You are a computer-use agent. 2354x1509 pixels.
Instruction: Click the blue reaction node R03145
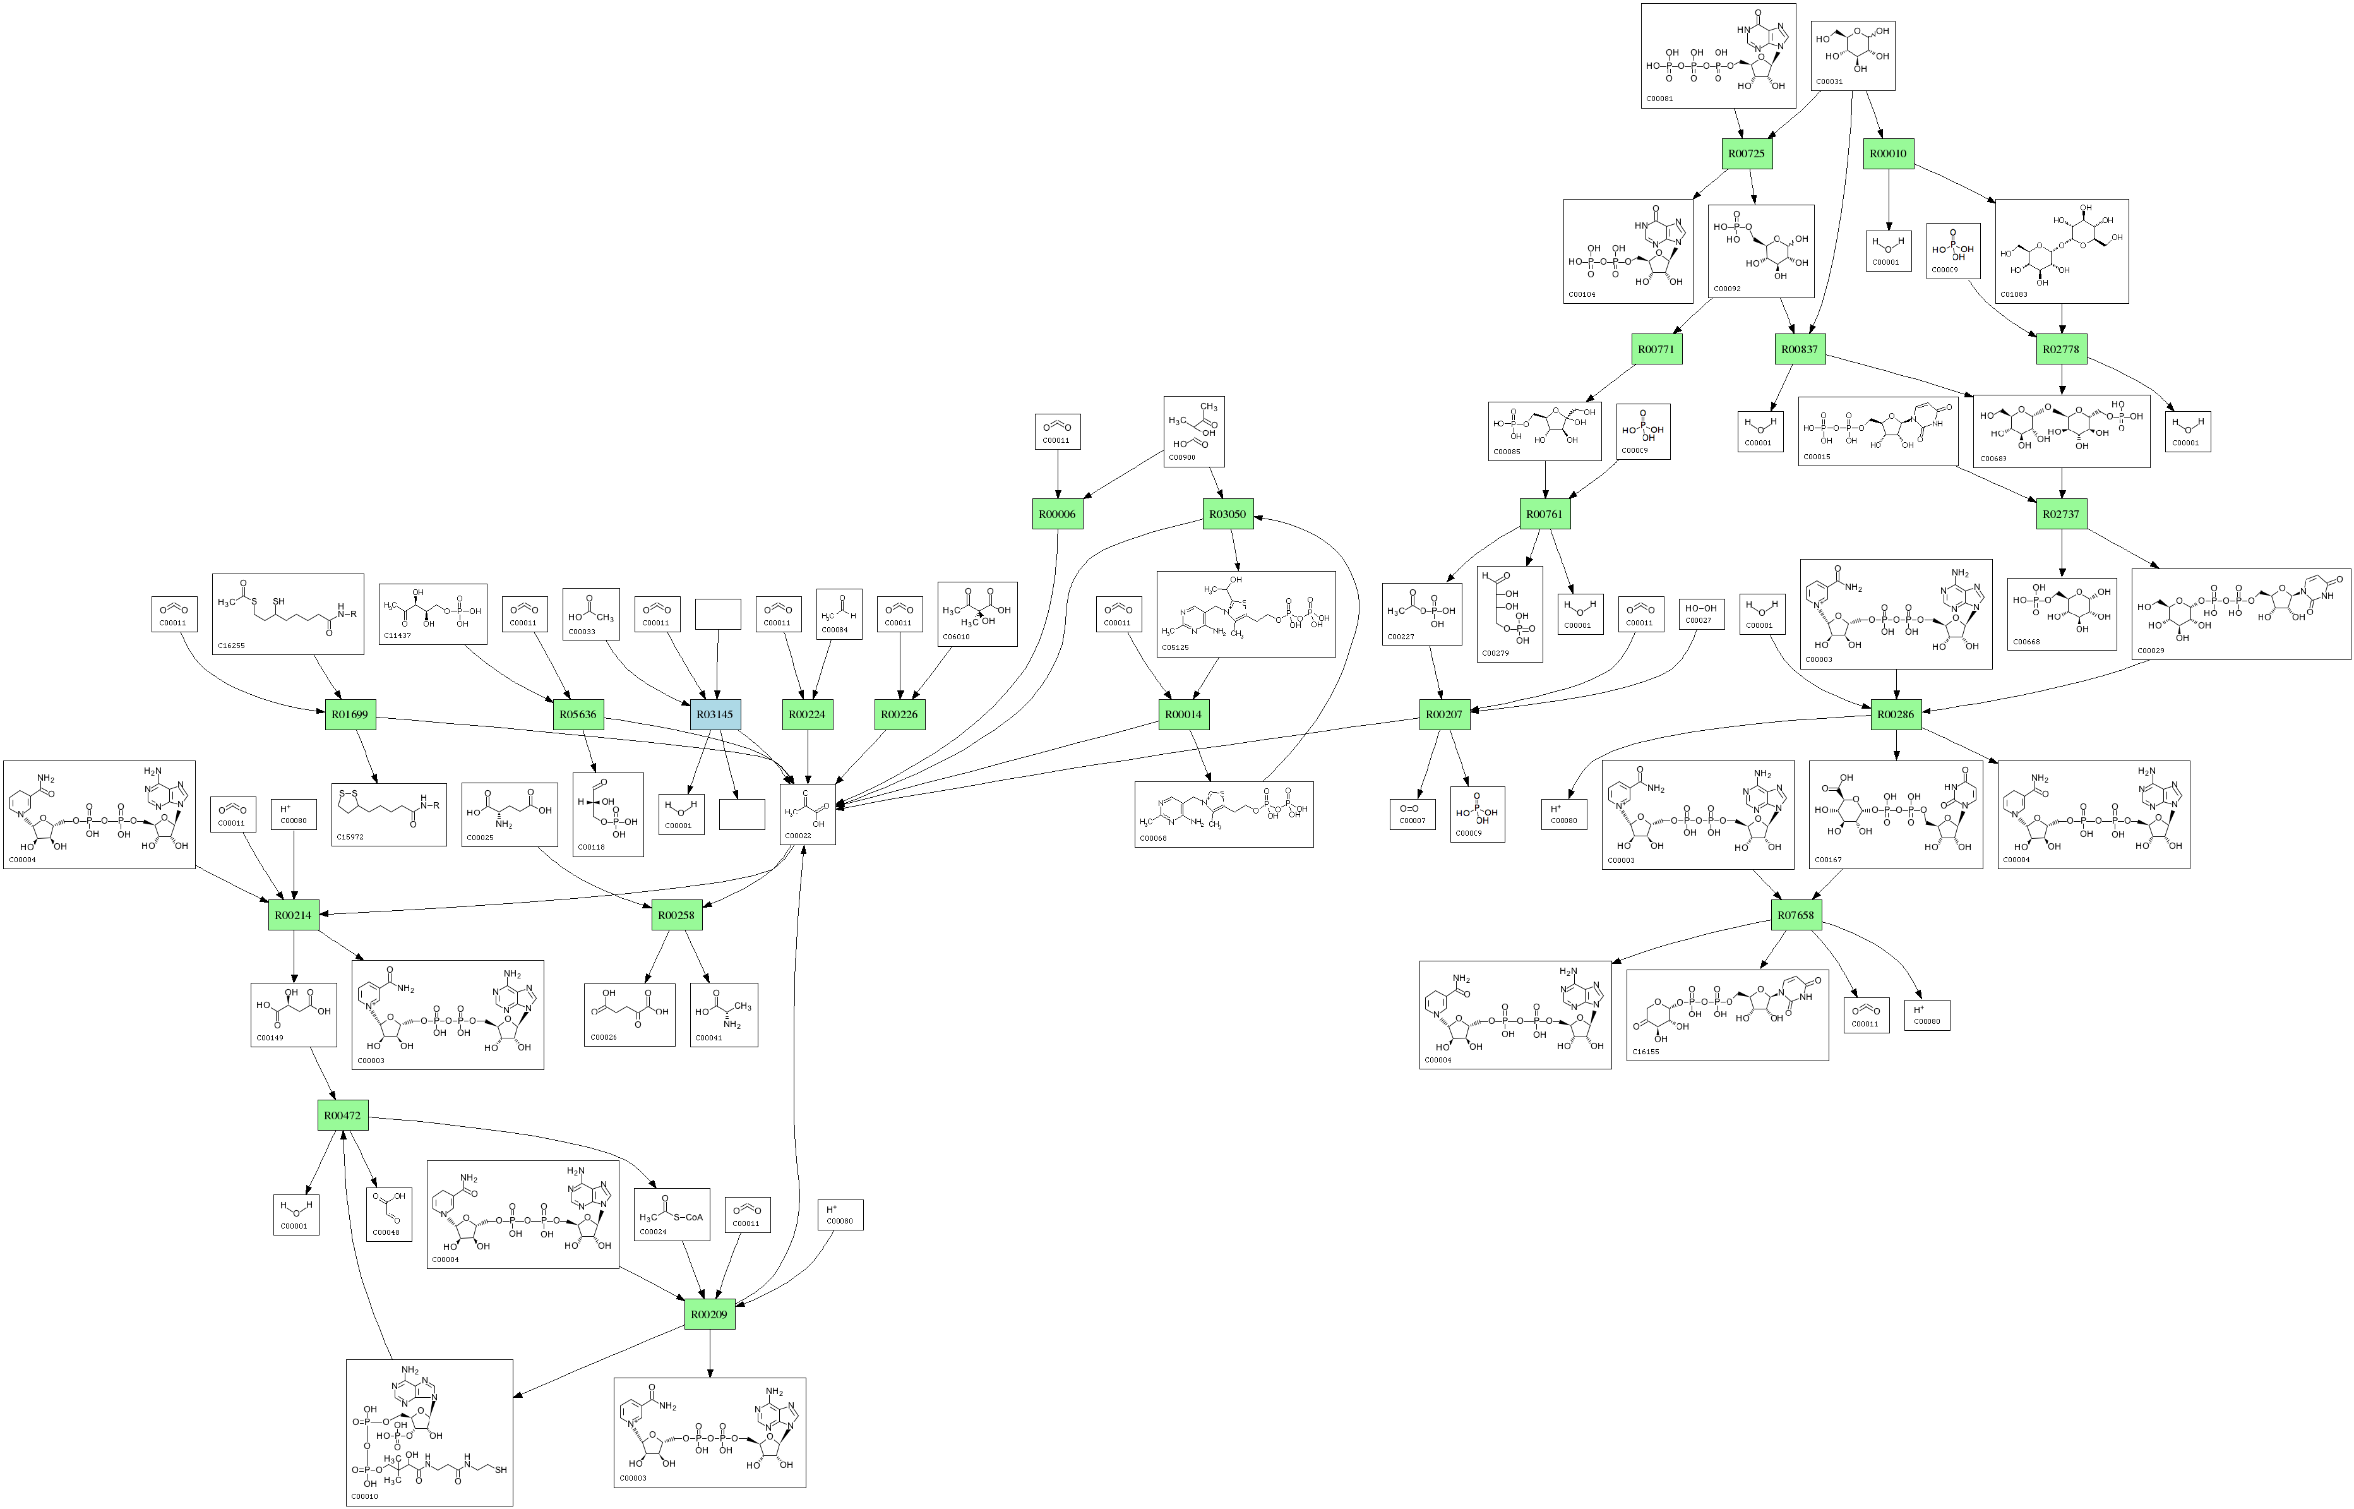pyautogui.click(x=715, y=714)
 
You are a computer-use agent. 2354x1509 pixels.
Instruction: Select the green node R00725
pyautogui.click(x=1747, y=154)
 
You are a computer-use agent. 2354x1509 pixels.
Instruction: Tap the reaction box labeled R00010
pyautogui.click(x=1888, y=154)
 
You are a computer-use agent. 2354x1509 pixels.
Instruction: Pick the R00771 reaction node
pyautogui.click(x=1656, y=349)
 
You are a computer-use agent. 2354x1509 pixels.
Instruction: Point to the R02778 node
pyautogui.click(x=2061, y=349)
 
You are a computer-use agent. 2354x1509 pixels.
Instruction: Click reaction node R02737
pyautogui.click(x=2061, y=514)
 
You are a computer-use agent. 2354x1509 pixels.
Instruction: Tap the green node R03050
pyautogui.click(x=1228, y=514)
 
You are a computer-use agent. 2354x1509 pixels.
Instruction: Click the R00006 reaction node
pyautogui.click(x=1057, y=514)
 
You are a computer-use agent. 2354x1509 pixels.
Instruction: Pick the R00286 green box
pyautogui.click(x=1896, y=714)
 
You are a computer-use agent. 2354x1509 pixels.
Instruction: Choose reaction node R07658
pyautogui.click(x=1796, y=915)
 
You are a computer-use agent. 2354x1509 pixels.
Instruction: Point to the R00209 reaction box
pyautogui.click(x=709, y=1314)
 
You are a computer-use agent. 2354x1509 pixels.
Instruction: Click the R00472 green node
pyautogui.click(x=343, y=1115)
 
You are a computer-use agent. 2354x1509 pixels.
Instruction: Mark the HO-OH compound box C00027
pyautogui.click(x=1700, y=613)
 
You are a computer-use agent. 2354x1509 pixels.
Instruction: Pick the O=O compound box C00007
pyautogui.click(x=1412, y=814)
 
